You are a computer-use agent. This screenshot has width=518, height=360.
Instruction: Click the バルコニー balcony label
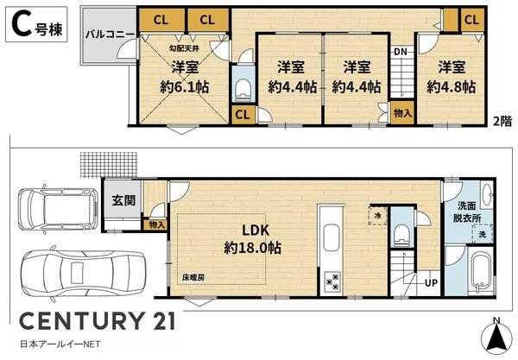click(110, 35)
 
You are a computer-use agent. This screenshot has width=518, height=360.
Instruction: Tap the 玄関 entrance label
click(123, 200)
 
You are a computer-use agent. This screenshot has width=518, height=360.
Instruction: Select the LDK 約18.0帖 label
click(253, 239)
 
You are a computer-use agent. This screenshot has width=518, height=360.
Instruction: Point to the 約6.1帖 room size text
click(185, 87)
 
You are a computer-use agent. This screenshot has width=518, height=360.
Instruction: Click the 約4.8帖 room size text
click(452, 87)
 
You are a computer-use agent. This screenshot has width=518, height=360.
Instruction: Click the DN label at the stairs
click(400, 52)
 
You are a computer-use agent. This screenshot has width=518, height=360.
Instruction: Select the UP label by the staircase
click(431, 282)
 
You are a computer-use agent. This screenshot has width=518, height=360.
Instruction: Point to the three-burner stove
click(333, 281)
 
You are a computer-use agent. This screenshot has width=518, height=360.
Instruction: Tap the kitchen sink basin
click(332, 237)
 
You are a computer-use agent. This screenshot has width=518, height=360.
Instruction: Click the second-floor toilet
click(243, 89)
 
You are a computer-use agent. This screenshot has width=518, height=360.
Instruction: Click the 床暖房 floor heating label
click(193, 277)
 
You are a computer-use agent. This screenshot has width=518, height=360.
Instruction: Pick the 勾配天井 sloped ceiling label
click(184, 48)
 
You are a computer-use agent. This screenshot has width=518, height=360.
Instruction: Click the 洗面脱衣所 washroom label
click(467, 212)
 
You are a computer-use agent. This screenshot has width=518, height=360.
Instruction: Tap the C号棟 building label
click(36, 25)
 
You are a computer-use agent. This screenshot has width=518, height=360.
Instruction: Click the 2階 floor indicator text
click(502, 121)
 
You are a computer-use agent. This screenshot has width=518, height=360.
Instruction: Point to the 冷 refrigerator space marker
click(377, 216)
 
